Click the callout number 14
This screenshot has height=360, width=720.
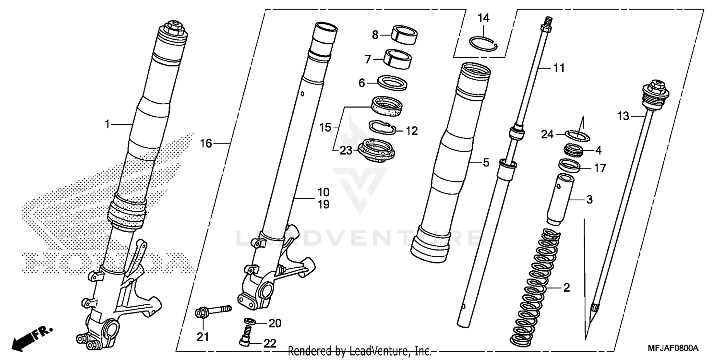click(x=483, y=18)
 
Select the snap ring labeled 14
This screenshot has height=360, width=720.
click(x=483, y=43)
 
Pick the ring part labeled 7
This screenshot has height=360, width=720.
click(x=398, y=59)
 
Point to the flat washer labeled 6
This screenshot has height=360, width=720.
click(x=393, y=83)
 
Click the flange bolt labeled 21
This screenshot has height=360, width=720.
click(x=212, y=311)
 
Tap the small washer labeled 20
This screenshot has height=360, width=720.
click(x=250, y=321)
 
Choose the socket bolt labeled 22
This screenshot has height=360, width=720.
click(x=246, y=335)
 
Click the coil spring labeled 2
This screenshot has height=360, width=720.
click(x=534, y=288)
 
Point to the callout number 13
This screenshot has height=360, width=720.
click(x=623, y=116)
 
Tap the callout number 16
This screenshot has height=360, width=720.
click(x=206, y=144)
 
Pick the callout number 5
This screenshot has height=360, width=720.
click(x=486, y=163)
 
